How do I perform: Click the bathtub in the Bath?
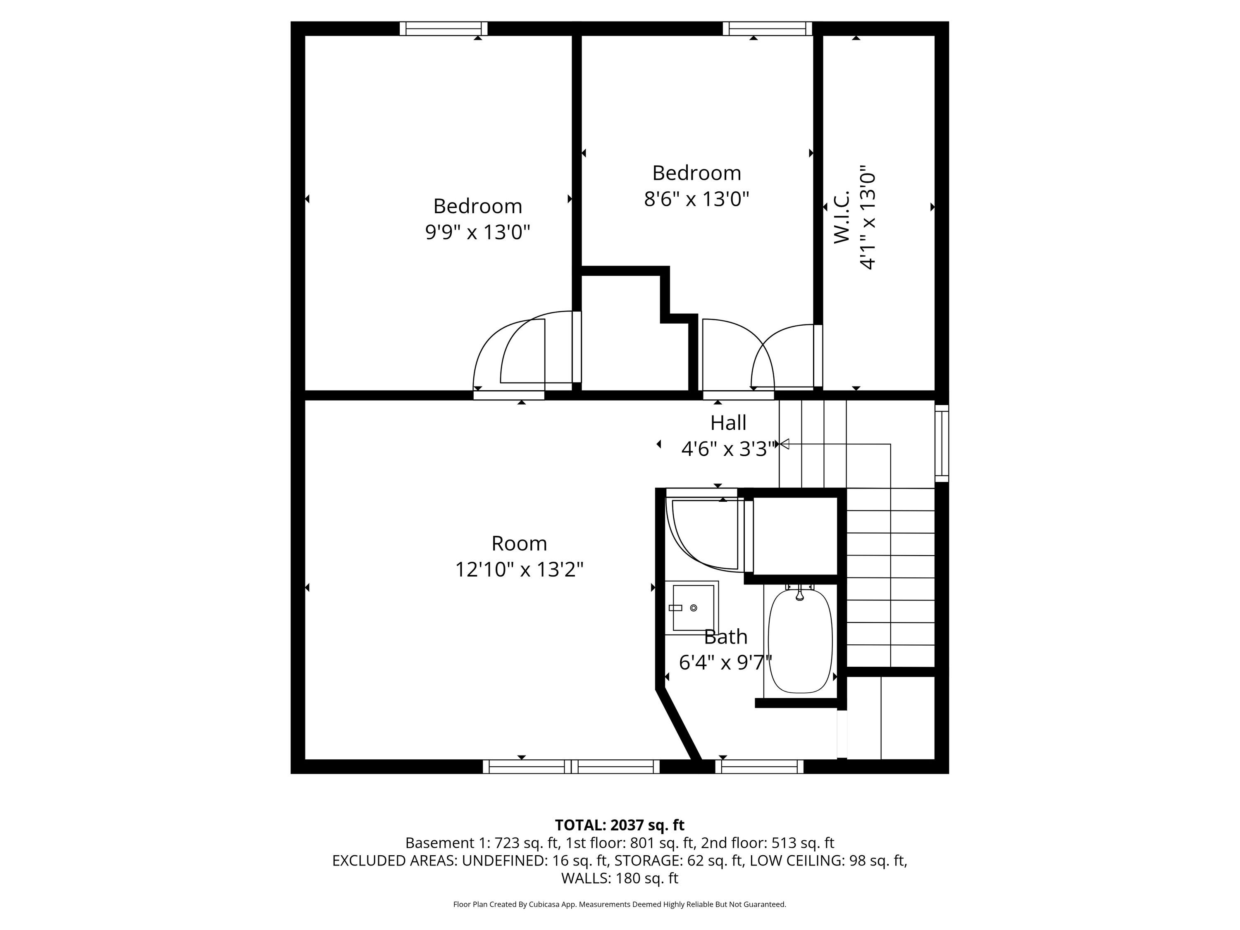[800, 641]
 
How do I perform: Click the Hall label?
[728, 423]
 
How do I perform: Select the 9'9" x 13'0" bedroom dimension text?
[478, 231]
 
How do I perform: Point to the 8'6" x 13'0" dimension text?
[696, 198]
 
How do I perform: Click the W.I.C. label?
[842, 217]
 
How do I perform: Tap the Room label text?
[519, 543]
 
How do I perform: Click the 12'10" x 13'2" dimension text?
[519, 570]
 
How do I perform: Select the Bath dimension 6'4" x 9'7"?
[725, 663]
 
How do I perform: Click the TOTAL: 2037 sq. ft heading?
[620, 825]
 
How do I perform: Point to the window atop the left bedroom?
[444, 29]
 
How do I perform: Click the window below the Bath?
[759, 766]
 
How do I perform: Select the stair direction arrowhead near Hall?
[784, 444]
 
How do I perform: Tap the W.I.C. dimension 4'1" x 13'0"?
[867, 217]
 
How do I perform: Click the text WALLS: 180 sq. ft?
[620, 878]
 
